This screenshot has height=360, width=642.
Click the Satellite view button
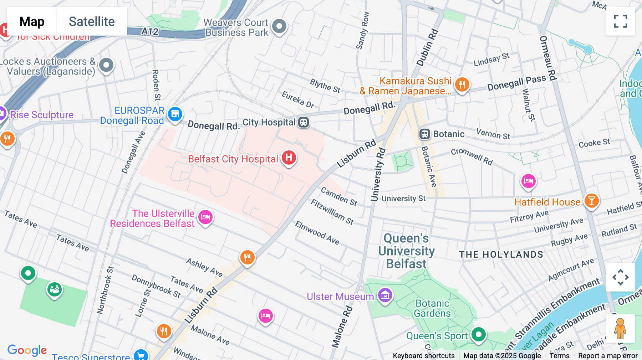point(92,21)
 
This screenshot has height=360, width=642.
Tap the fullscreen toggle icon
point(620,21)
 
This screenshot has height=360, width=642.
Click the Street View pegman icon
point(620,328)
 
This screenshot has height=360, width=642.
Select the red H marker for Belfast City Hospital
point(289,157)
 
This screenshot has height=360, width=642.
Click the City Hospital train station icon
point(304,122)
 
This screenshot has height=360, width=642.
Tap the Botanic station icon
point(424,134)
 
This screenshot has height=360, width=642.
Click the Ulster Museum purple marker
point(385,295)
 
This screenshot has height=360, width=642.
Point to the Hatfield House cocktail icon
point(591,201)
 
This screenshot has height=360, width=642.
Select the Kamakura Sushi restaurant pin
point(462,85)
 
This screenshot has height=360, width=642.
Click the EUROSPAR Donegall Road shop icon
point(175,114)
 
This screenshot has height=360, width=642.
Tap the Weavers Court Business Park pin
point(279,26)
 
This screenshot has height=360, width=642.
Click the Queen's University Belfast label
point(406,251)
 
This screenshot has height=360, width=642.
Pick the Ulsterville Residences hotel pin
point(205,217)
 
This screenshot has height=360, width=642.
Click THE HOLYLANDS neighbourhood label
point(501,254)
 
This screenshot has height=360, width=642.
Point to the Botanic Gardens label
point(432,308)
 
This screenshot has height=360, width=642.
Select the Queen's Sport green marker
point(478,334)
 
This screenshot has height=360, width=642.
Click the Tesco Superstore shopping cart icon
point(141,355)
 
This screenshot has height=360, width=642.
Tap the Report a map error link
point(608,356)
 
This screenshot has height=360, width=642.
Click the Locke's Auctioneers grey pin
point(106,65)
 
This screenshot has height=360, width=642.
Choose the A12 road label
point(150,32)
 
